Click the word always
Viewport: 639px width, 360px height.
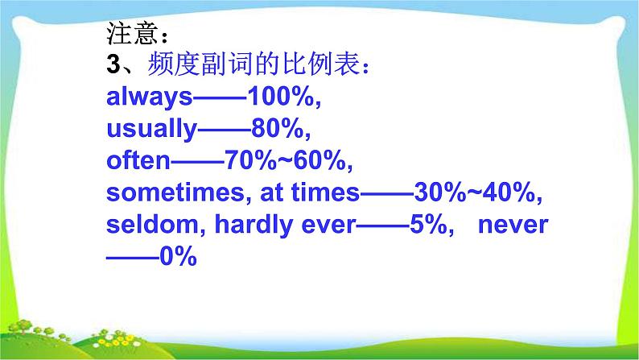[x=149, y=97]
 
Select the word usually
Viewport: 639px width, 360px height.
[x=151, y=130]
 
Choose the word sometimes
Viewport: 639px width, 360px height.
[x=175, y=192]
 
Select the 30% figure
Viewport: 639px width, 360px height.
[x=440, y=192]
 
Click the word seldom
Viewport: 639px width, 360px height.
[x=153, y=224]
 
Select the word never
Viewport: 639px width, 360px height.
[x=513, y=226]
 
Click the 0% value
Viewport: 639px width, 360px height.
[x=179, y=256]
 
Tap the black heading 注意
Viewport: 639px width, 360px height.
[x=132, y=33]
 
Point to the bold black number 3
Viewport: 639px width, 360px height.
[x=113, y=64]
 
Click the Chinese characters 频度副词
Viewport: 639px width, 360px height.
[x=200, y=64]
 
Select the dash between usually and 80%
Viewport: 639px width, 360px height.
[x=225, y=130]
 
